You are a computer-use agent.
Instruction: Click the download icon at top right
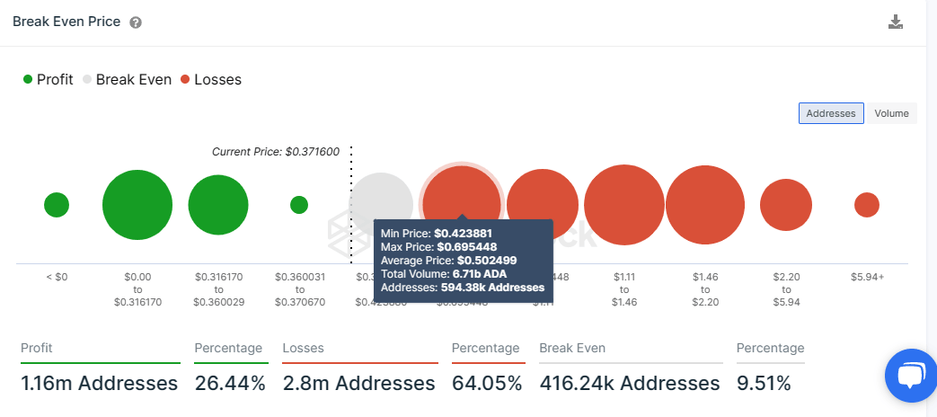[x=895, y=22]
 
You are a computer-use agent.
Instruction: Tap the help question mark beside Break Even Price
[x=136, y=22]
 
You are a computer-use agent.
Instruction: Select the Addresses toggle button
[x=831, y=113]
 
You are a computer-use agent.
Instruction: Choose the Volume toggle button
[x=891, y=113]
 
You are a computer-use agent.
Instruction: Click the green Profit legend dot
[x=28, y=79]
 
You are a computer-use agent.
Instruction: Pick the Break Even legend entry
[x=127, y=79]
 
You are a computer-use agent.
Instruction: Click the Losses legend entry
[x=211, y=79]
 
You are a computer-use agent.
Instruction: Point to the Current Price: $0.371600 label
[x=275, y=152]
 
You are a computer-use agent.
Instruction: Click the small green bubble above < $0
[x=57, y=205]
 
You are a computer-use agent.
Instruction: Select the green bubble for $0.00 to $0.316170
[x=137, y=205]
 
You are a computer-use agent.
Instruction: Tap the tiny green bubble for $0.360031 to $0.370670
[x=299, y=205]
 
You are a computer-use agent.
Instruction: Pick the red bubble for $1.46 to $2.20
[x=705, y=205]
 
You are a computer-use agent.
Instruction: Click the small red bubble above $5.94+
[x=867, y=205]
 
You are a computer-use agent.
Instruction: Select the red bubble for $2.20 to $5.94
[x=786, y=205]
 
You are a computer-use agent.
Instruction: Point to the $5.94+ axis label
[x=867, y=277]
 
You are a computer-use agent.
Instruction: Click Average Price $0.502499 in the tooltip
[x=437, y=260]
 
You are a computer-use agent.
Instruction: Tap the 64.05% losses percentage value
[x=486, y=384]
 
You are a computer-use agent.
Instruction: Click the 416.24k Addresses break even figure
[x=629, y=384]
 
